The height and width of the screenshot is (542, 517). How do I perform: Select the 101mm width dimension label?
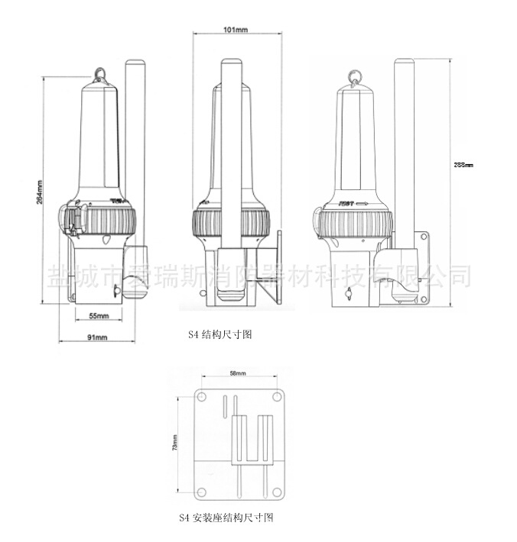click(x=235, y=31)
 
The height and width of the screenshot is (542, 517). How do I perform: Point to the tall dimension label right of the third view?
click(x=463, y=165)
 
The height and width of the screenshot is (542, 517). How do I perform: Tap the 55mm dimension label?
click(x=97, y=315)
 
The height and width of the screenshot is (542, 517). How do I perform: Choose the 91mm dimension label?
click(x=96, y=337)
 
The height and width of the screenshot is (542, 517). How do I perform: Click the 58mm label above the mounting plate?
click(x=238, y=373)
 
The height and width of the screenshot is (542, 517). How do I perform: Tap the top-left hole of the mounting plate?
click(x=201, y=398)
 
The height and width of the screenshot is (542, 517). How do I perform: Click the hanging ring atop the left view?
click(x=101, y=74)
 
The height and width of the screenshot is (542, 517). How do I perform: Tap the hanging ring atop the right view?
click(x=354, y=74)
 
